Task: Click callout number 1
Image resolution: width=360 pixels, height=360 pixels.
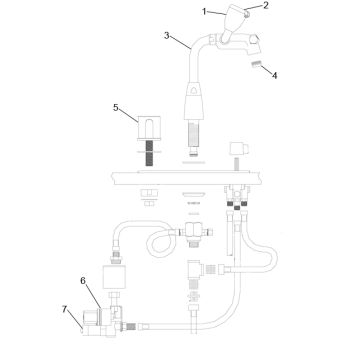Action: click(205, 11)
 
